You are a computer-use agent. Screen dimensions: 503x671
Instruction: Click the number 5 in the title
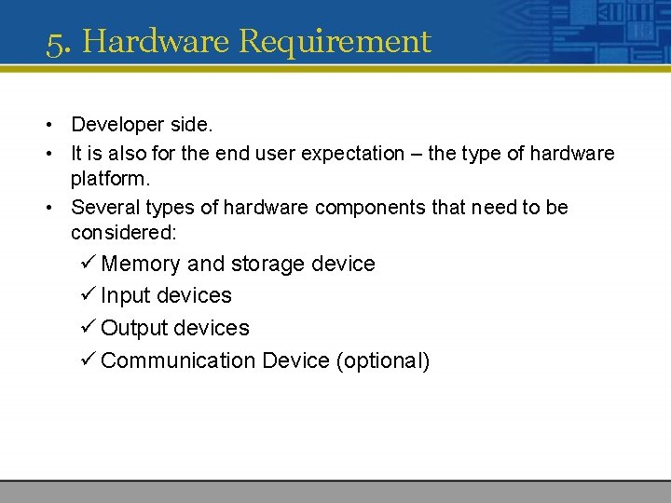[55, 42]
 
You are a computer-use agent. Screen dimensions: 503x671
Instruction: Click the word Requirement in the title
[335, 42]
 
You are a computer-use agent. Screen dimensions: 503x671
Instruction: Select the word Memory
[141, 265]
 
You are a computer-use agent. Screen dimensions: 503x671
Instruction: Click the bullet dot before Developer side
[45, 125]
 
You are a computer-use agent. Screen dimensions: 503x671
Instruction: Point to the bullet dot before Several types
[45, 208]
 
